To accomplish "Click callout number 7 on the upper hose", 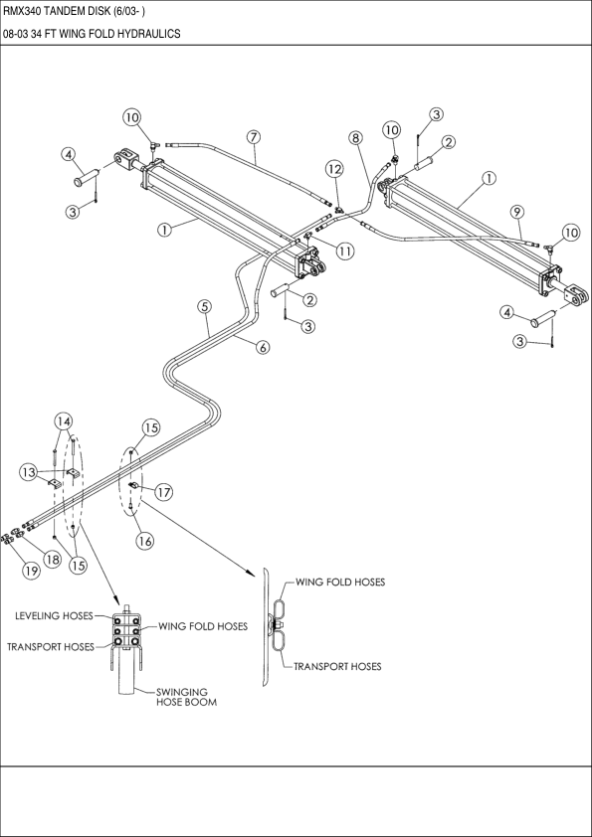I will (x=254, y=135).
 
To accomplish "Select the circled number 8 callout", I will (x=355, y=137).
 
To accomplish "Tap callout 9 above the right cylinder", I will (x=516, y=211).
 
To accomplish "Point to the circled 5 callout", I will (x=204, y=307).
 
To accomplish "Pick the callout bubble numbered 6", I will (x=263, y=347).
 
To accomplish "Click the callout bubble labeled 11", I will (x=344, y=251).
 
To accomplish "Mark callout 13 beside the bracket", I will (x=30, y=471).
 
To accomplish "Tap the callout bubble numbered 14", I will (x=64, y=420).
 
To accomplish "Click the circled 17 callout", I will (x=163, y=490).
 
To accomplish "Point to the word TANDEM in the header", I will (x=71, y=11).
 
